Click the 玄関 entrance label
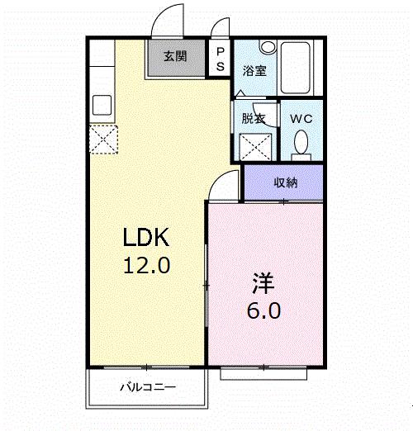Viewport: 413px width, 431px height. tap(174, 57)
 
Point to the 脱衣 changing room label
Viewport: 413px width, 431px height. tap(253, 118)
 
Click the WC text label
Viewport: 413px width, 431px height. tap(301, 118)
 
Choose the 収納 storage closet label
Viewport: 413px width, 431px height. tap(285, 182)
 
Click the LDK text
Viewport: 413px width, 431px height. tap(146, 239)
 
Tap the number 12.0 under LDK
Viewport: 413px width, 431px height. tap(146, 266)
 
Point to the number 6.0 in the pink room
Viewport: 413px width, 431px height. tap(263, 311)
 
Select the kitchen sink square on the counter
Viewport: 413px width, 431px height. tap(102, 106)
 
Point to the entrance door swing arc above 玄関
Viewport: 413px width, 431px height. tap(169, 21)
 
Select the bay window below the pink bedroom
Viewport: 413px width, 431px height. tap(264, 374)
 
